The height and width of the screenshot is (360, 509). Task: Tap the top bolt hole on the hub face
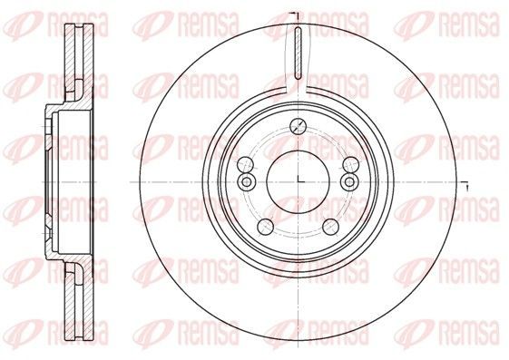click(298, 126)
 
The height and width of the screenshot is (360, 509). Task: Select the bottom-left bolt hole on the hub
click(265, 227)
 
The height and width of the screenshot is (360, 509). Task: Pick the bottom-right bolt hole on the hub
click(331, 227)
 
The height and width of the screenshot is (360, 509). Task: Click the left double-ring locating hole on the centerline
click(247, 181)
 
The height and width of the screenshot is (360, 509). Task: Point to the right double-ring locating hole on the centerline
click(350, 181)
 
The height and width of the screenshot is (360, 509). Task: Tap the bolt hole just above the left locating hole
click(246, 164)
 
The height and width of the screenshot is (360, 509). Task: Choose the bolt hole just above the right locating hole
click(350, 164)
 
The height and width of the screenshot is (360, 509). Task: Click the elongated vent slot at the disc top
click(298, 54)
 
